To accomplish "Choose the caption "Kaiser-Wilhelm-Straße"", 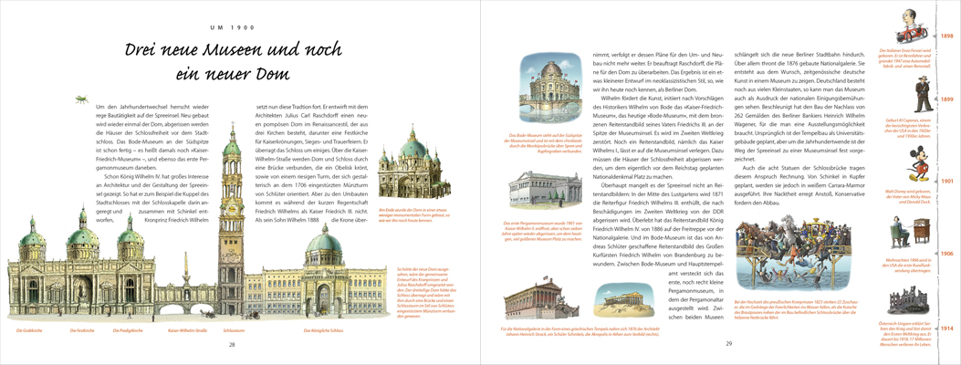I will coord(186,328).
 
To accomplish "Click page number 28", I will coord(232,344).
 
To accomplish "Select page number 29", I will coord(728,344).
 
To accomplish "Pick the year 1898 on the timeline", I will coord(946,36).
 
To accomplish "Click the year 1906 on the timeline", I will coord(946,252).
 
